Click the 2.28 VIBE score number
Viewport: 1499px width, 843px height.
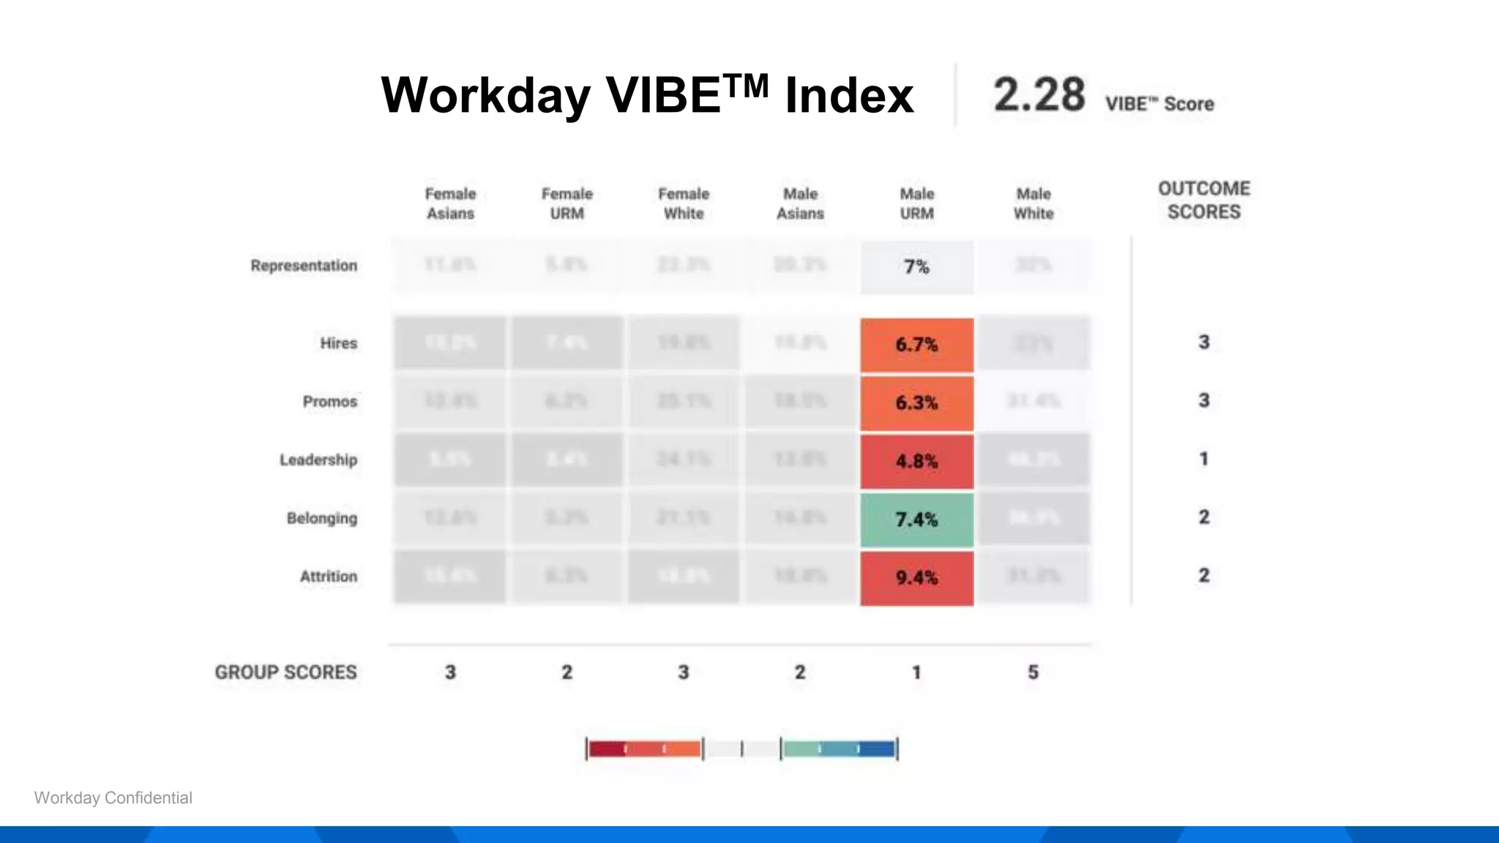[1039, 95]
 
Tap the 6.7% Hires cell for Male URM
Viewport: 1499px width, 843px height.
[916, 345]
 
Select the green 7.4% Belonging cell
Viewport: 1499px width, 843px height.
[916, 520]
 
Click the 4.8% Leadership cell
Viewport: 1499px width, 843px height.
[916, 461]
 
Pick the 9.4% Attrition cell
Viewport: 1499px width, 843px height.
[916, 578]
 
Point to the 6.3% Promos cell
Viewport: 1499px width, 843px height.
[916, 402]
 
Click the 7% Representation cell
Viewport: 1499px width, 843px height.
[916, 267]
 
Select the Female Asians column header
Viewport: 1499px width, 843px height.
[450, 203]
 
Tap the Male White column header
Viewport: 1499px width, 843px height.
[1033, 203]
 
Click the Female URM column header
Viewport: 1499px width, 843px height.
[567, 203]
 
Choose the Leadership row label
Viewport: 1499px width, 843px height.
[318, 460]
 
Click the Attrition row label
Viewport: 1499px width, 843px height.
[328, 577]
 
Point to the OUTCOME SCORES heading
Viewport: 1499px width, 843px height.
[1203, 200]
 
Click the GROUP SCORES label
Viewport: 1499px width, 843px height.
[285, 672]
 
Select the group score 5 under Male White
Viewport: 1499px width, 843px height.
[1033, 672]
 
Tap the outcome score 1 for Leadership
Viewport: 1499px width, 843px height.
[1203, 459]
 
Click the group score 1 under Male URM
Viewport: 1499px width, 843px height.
[916, 672]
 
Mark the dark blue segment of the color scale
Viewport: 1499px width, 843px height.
[877, 749]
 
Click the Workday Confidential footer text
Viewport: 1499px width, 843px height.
[113, 798]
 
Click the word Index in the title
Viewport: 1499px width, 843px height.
[849, 95]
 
